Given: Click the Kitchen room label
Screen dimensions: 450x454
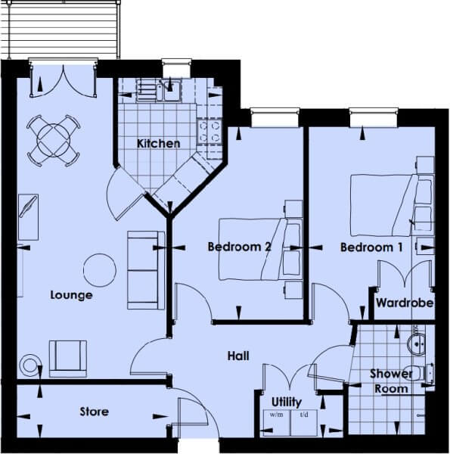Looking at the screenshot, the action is click(158, 143).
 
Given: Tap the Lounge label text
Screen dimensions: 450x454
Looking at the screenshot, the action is click(72, 295).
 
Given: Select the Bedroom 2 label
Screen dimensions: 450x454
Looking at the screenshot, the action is click(239, 247).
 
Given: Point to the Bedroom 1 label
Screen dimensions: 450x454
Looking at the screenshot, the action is click(371, 247).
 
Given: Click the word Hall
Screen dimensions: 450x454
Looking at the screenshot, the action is click(238, 356).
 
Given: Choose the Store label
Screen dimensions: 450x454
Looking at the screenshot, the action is click(95, 412).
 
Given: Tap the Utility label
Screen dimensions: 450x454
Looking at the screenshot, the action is click(287, 403).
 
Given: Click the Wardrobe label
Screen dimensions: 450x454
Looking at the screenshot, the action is click(405, 303).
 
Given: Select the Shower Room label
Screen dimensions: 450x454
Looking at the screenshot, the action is click(391, 381).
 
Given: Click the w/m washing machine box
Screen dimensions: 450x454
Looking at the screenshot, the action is click(277, 423).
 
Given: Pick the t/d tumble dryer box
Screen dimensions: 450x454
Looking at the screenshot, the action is click(304, 423).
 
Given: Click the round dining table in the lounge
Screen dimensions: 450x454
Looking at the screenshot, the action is click(54, 141).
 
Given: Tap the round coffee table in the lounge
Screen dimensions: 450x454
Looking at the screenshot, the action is click(100, 270).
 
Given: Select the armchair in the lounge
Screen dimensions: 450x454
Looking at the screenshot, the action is click(68, 359).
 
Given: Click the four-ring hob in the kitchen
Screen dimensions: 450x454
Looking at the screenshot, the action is click(209, 132).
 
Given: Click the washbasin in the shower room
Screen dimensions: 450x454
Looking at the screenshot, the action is click(416, 344).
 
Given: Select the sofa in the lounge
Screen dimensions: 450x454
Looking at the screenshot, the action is click(146, 270).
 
